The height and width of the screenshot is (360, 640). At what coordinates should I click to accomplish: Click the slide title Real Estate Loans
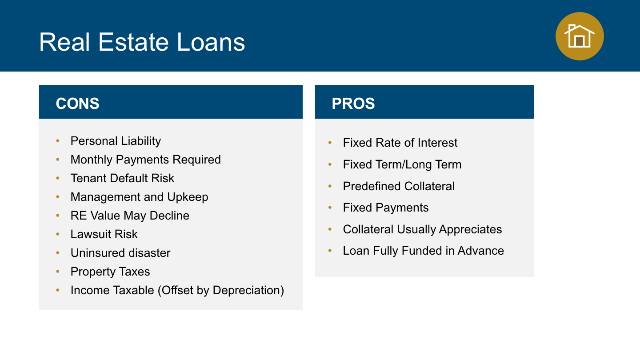pyautogui.click(x=142, y=42)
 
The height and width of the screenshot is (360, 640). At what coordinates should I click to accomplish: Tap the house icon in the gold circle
pyautogui.click(x=580, y=36)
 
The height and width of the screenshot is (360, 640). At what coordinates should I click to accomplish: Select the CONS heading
pyautogui.click(x=77, y=104)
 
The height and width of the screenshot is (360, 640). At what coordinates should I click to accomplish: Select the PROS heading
pyautogui.click(x=353, y=104)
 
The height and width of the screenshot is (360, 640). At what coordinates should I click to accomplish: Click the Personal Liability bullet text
pyautogui.click(x=116, y=141)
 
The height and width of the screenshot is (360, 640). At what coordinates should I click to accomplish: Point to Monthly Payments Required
pyautogui.click(x=146, y=160)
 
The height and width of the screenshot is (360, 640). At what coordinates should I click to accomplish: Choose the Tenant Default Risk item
pyautogui.click(x=122, y=178)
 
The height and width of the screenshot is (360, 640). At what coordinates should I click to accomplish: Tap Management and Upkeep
pyautogui.click(x=140, y=197)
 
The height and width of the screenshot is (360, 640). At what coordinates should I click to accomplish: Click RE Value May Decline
pyautogui.click(x=130, y=216)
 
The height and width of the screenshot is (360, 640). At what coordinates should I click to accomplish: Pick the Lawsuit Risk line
pyautogui.click(x=104, y=234)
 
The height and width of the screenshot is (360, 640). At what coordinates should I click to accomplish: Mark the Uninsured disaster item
pyautogui.click(x=120, y=253)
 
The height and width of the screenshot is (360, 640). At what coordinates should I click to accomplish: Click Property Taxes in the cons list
pyautogui.click(x=110, y=272)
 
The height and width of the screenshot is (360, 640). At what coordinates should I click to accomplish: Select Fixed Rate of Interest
pyautogui.click(x=400, y=143)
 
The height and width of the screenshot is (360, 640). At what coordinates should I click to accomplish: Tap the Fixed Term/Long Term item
pyautogui.click(x=402, y=164)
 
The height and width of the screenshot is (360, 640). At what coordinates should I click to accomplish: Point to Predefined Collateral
pyautogui.click(x=399, y=186)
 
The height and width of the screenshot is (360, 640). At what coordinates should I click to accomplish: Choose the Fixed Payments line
pyautogui.click(x=386, y=208)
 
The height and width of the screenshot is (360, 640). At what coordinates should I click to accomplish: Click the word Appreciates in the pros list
pyautogui.click(x=470, y=229)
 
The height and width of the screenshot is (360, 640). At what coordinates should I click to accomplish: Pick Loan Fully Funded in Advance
pyautogui.click(x=424, y=251)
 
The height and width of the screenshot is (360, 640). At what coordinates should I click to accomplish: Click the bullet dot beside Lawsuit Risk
pyautogui.click(x=58, y=234)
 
